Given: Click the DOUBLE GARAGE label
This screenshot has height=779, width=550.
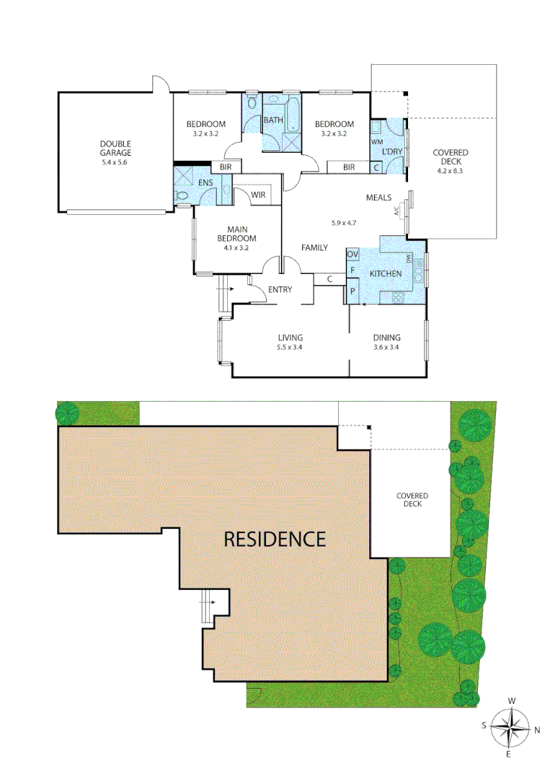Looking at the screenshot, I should (115, 149).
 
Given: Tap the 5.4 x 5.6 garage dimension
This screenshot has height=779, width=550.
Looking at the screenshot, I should (115, 162).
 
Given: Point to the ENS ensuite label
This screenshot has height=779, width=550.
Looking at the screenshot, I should (205, 183).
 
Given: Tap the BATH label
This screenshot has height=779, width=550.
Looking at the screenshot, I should (273, 120).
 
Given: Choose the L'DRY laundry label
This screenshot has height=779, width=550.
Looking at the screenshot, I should (392, 151).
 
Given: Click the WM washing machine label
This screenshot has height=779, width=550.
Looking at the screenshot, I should (376, 142).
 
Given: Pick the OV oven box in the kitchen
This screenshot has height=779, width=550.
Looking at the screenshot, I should (352, 255).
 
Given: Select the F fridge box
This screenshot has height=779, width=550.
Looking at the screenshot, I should (352, 271).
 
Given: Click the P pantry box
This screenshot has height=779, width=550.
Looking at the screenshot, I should (352, 291).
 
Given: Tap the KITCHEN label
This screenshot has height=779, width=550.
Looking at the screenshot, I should (386, 274).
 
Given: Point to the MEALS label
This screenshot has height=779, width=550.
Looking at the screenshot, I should (378, 198).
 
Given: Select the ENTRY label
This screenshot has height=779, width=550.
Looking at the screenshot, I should (280, 290).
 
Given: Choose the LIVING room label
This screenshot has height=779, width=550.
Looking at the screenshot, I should (290, 338).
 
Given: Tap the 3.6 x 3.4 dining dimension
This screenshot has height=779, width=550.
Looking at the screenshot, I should (387, 347).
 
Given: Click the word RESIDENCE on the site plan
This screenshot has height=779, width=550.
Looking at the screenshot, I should (275, 538).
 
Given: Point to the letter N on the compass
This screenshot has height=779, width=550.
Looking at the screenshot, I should (538, 730).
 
